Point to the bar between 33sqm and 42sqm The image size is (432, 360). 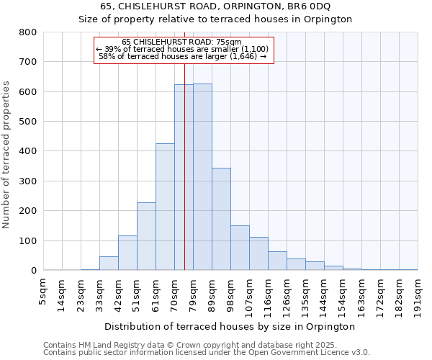tap(109, 264)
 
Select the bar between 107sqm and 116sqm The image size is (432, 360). tap(258, 253)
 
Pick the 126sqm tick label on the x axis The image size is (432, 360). tap(287, 292)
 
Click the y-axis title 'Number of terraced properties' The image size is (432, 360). tap(7, 154)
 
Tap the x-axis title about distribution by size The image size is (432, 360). tap(230, 326)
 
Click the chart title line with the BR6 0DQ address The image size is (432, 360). tap(215, 6)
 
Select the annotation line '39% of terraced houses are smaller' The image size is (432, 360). tap(183, 49)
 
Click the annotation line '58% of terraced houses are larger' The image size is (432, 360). tap(183, 56)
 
